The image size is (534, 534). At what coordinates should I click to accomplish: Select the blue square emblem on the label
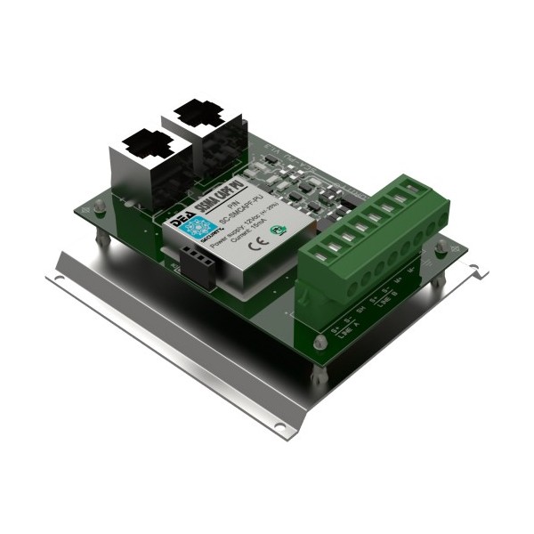click(194, 227)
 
